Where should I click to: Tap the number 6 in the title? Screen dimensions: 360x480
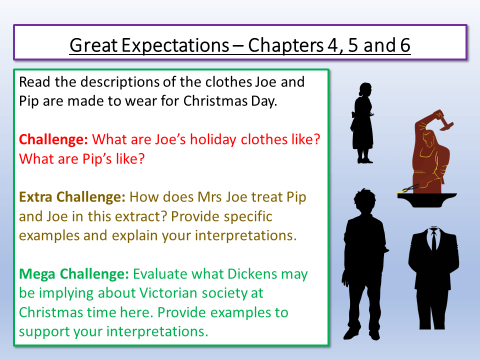(404, 45)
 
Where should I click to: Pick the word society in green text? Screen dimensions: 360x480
(235, 293)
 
